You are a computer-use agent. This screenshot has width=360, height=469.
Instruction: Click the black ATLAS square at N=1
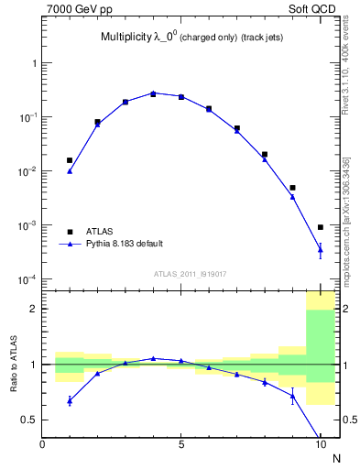pyautogui.click(x=70, y=160)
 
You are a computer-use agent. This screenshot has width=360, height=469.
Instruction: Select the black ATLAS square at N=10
pyautogui.click(x=321, y=227)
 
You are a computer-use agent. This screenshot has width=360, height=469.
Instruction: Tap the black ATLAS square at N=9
pyautogui.click(x=292, y=188)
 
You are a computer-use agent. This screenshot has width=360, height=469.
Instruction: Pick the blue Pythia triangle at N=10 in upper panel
pyautogui.click(x=321, y=248)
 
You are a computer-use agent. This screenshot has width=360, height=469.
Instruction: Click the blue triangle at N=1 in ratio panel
pyautogui.click(x=70, y=400)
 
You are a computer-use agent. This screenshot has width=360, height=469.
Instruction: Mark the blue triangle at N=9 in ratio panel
pyautogui.click(x=292, y=396)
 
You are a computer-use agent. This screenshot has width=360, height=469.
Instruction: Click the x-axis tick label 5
pyautogui.click(x=181, y=445)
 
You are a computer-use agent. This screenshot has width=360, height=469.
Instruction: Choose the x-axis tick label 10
pyautogui.click(x=320, y=445)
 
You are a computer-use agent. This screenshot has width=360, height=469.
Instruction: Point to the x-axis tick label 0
pyautogui.click(x=42, y=445)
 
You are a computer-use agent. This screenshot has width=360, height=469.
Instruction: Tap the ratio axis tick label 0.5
pyautogui.click(x=28, y=420)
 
